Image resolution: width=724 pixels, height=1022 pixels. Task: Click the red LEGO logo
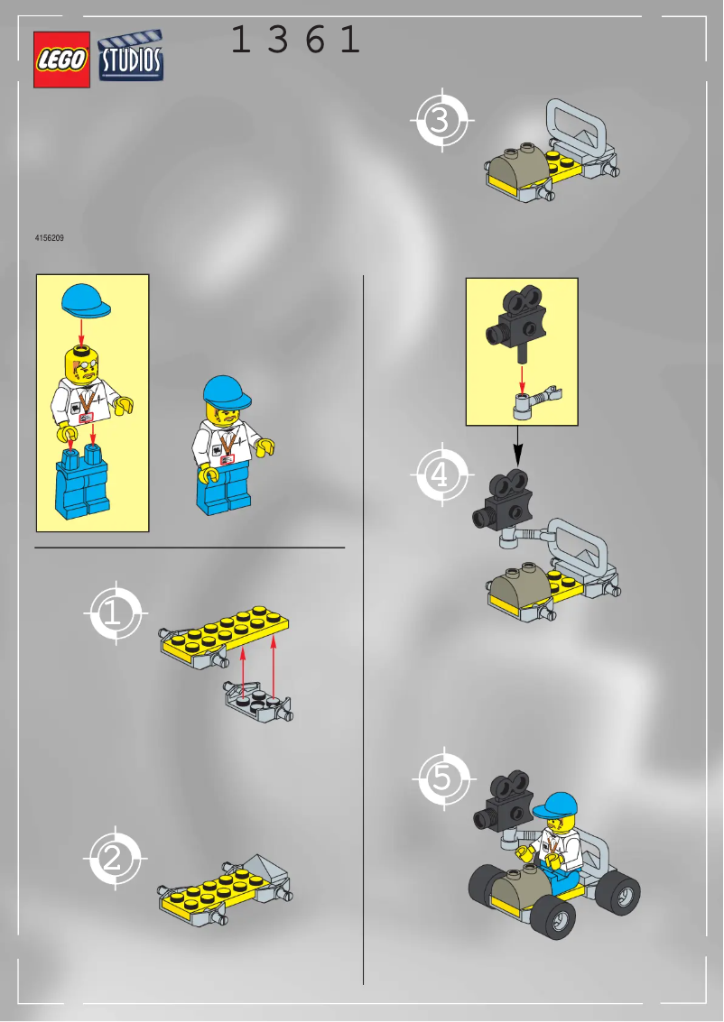61,60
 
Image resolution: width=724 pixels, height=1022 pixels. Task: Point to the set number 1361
295,41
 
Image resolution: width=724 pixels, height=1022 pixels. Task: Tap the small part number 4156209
49,239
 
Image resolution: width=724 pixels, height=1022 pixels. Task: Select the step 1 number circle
113,614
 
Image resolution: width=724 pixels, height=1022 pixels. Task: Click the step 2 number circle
113,858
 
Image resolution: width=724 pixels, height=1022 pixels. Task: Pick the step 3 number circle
441,120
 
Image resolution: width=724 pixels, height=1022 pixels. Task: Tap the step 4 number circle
441,474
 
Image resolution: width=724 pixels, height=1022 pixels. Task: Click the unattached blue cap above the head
88,300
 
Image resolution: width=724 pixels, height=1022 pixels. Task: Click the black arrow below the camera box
517,444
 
